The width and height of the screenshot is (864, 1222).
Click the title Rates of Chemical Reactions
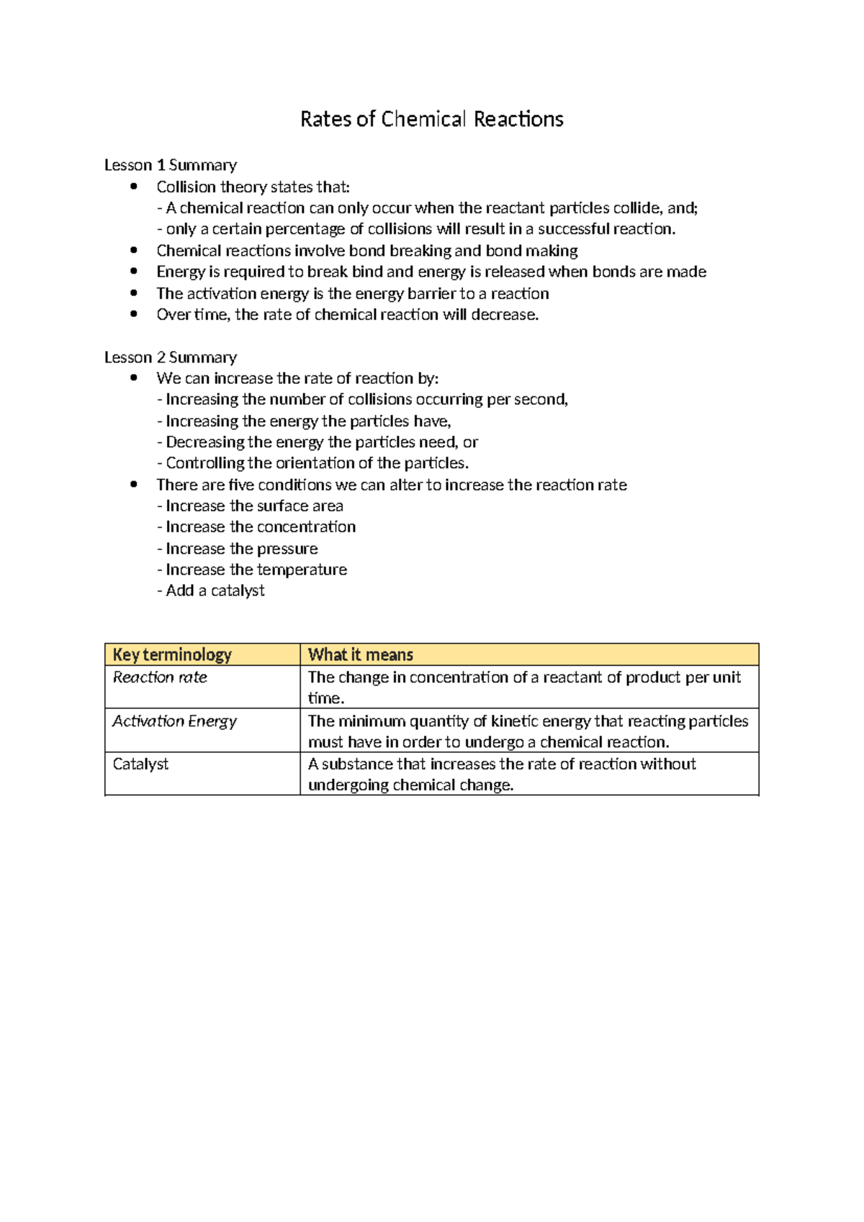pyautogui.click(x=431, y=119)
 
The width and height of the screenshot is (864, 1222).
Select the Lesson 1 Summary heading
pyautogui.click(x=171, y=165)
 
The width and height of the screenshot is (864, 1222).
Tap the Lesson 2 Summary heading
pyautogui.click(x=171, y=357)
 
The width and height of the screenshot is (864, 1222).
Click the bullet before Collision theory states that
pyautogui.click(x=133, y=187)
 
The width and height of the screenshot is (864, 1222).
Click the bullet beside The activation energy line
pyautogui.click(x=133, y=293)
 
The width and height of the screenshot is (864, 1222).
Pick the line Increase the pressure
pyautogui.click(x=238, y=548)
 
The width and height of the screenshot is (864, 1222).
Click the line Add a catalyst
pyautogui.click(x=212, y=591)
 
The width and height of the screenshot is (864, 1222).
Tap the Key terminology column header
pyautogui.click(x=173, y=654)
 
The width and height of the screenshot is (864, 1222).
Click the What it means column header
pyautogui.click(x=361, y=654)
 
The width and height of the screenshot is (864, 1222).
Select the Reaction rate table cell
pyautogui.click(x=160, y=677)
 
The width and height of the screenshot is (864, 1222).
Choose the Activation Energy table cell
pyautogui.click(x=174, y=721)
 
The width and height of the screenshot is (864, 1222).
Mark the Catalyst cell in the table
pyautogui.click(x=140, y=764)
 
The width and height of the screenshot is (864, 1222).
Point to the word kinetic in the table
pyautogui.click(x=513, y=721)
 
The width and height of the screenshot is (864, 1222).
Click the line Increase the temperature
pyautogui.click(x=253, y=570)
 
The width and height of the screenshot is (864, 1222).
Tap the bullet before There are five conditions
pyautogui.click(x=133, y=485)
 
